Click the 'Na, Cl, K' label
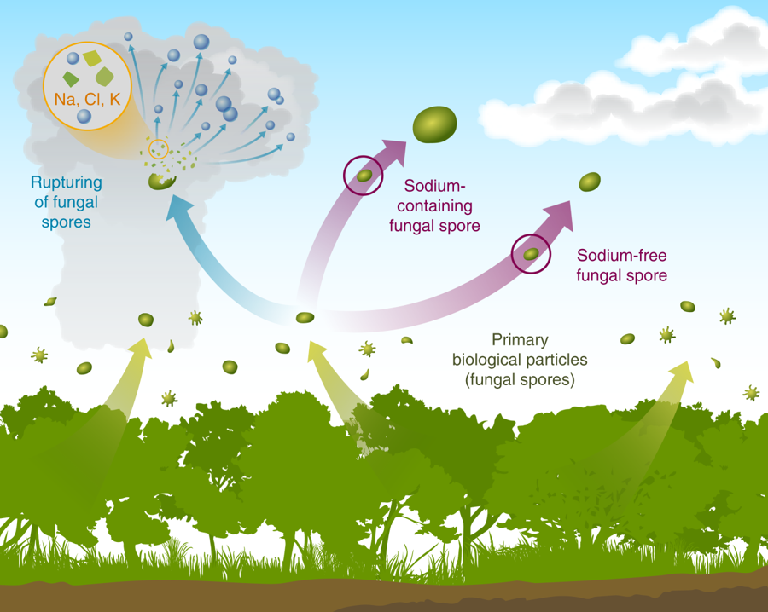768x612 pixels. (86, 100)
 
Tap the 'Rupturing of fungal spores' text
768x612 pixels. (66, 203)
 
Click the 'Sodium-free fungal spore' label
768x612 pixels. (621, 265)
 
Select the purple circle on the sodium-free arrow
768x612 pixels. (531, 253)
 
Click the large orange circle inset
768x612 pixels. (85, 85)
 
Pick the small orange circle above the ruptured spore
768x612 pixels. (159, 149)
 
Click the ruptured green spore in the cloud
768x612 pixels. (159, 181)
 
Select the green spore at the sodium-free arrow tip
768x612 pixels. (590, 182)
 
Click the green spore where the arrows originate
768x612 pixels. (305, 318)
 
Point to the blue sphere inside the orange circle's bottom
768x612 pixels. (84, 117)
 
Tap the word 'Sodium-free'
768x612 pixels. (621, 255)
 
